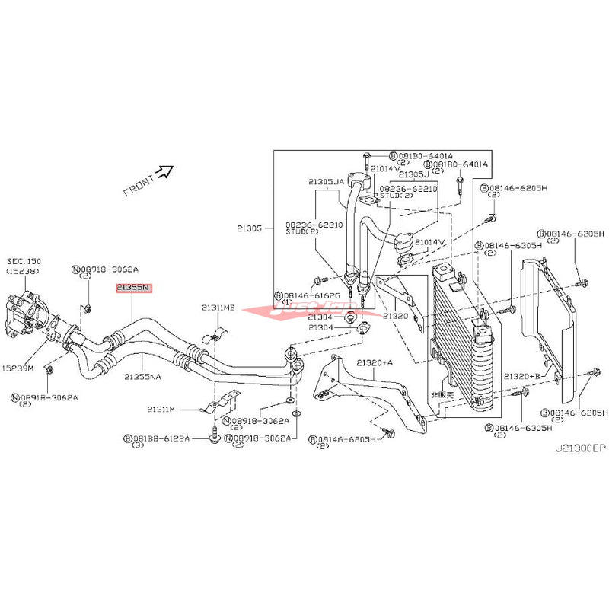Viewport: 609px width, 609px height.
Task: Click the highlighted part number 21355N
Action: click(134, 288)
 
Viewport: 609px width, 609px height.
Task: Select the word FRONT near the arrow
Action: click(138, 185)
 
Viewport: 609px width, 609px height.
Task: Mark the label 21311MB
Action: click(218, 308)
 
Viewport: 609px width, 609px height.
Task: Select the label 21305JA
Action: click(326, 182)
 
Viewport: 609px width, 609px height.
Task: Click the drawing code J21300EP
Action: click(579, 448)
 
